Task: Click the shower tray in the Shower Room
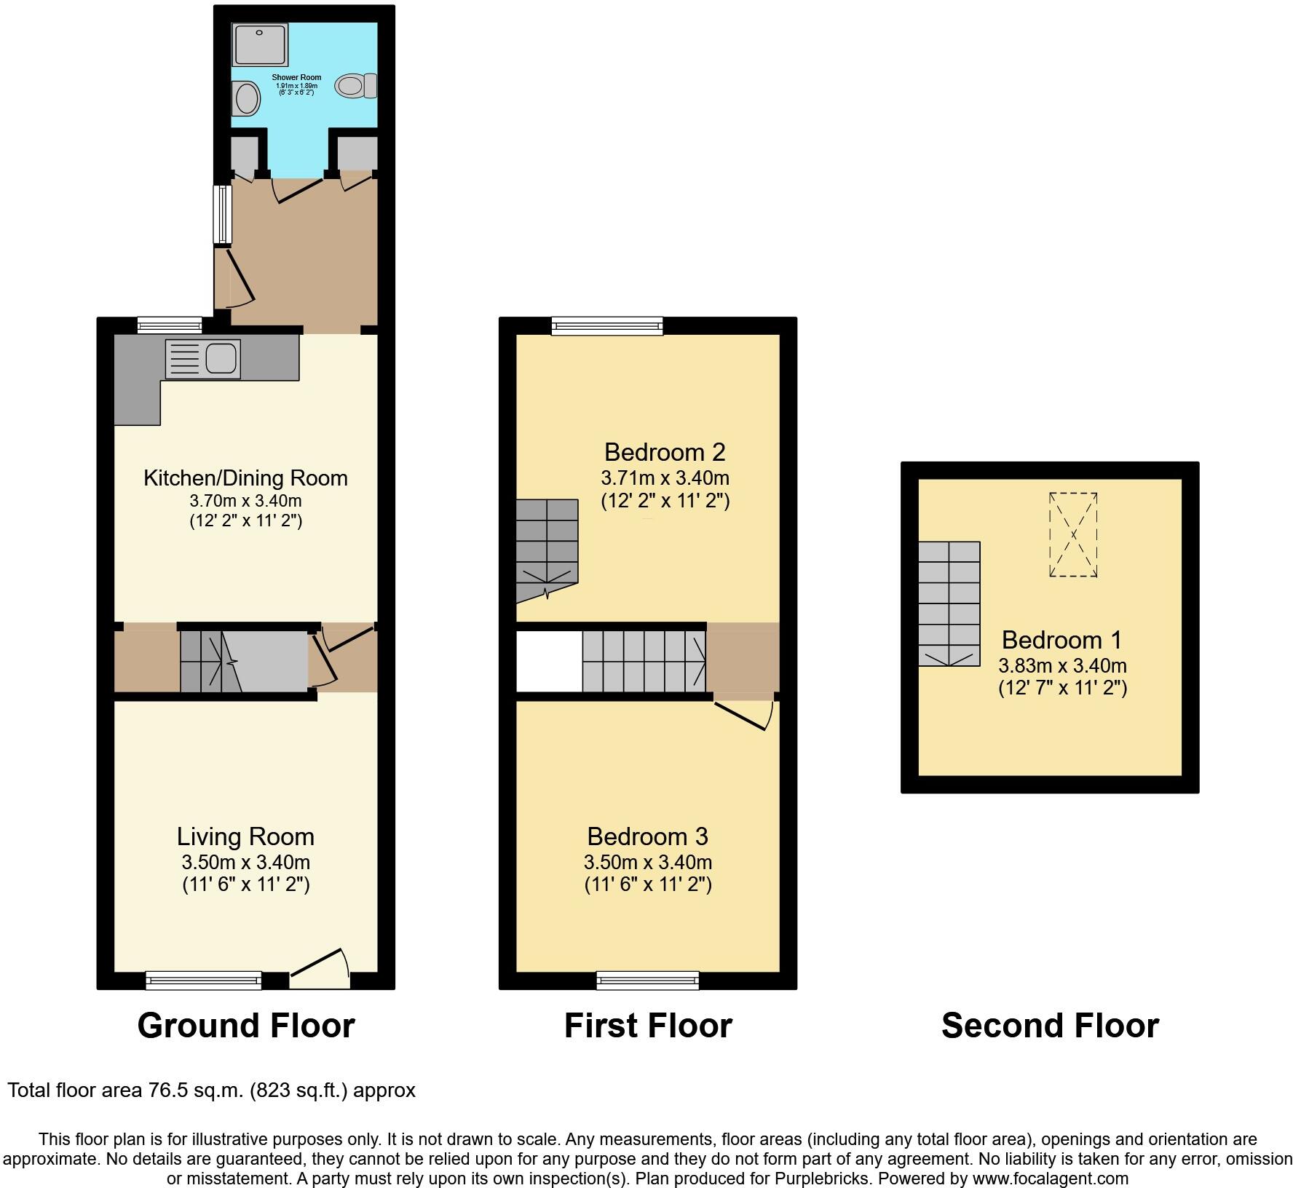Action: point(260,43)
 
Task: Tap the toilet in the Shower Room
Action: point(355,86)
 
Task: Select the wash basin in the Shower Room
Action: point(246,98)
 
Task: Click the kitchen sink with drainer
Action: point(203,359)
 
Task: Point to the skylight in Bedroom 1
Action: point(1073,534)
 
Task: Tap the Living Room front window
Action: point(203,981)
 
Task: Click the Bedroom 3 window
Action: point(647,981)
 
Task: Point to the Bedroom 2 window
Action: point(607,325)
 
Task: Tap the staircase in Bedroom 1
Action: point(949,603)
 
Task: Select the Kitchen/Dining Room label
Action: point(245,478)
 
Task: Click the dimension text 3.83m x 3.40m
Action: point(1062,665)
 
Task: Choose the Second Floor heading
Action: point(1050,1026)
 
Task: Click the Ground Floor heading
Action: point(246,1026)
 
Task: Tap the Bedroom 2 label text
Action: point(665,452)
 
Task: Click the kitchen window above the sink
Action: point(170,325)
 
